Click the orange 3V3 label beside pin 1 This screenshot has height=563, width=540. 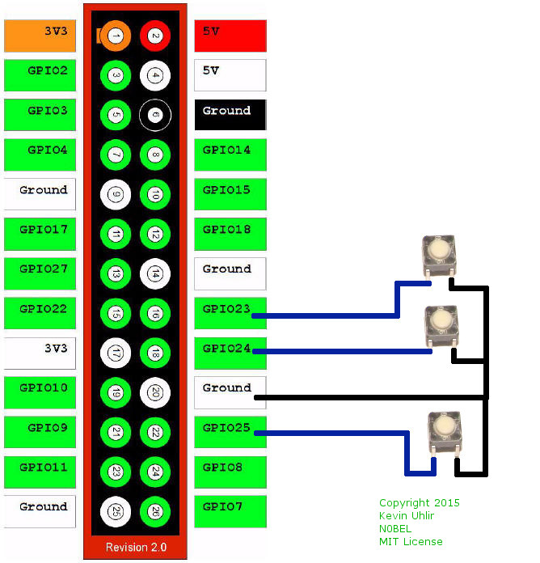click(x=40, y=36)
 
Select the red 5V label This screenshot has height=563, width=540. click(x=230, y=36)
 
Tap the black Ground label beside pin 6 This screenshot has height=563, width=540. click(x=230, y=114)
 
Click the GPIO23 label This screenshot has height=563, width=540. click(x=230, y=312)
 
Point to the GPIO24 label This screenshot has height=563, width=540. click(x=230, y=352)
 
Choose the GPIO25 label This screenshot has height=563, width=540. click(x=230, y=431)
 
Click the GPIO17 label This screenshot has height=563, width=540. click(x=40, y=233)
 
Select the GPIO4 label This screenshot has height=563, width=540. click(x=40, y=154)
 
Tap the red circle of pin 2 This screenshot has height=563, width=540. click(x=155, y=35)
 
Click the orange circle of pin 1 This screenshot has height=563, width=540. click(x=116, y=35)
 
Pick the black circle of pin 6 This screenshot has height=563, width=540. click(x=155, y=115)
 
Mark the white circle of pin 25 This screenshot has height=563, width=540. click(x=116, y=511)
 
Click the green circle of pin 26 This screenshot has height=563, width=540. click(x=155, y=511)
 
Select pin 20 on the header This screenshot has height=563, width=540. click(x=155, y=392)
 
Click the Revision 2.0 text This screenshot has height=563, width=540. click(x=136, y=548)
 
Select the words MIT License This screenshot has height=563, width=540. click(x=411, y=541)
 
